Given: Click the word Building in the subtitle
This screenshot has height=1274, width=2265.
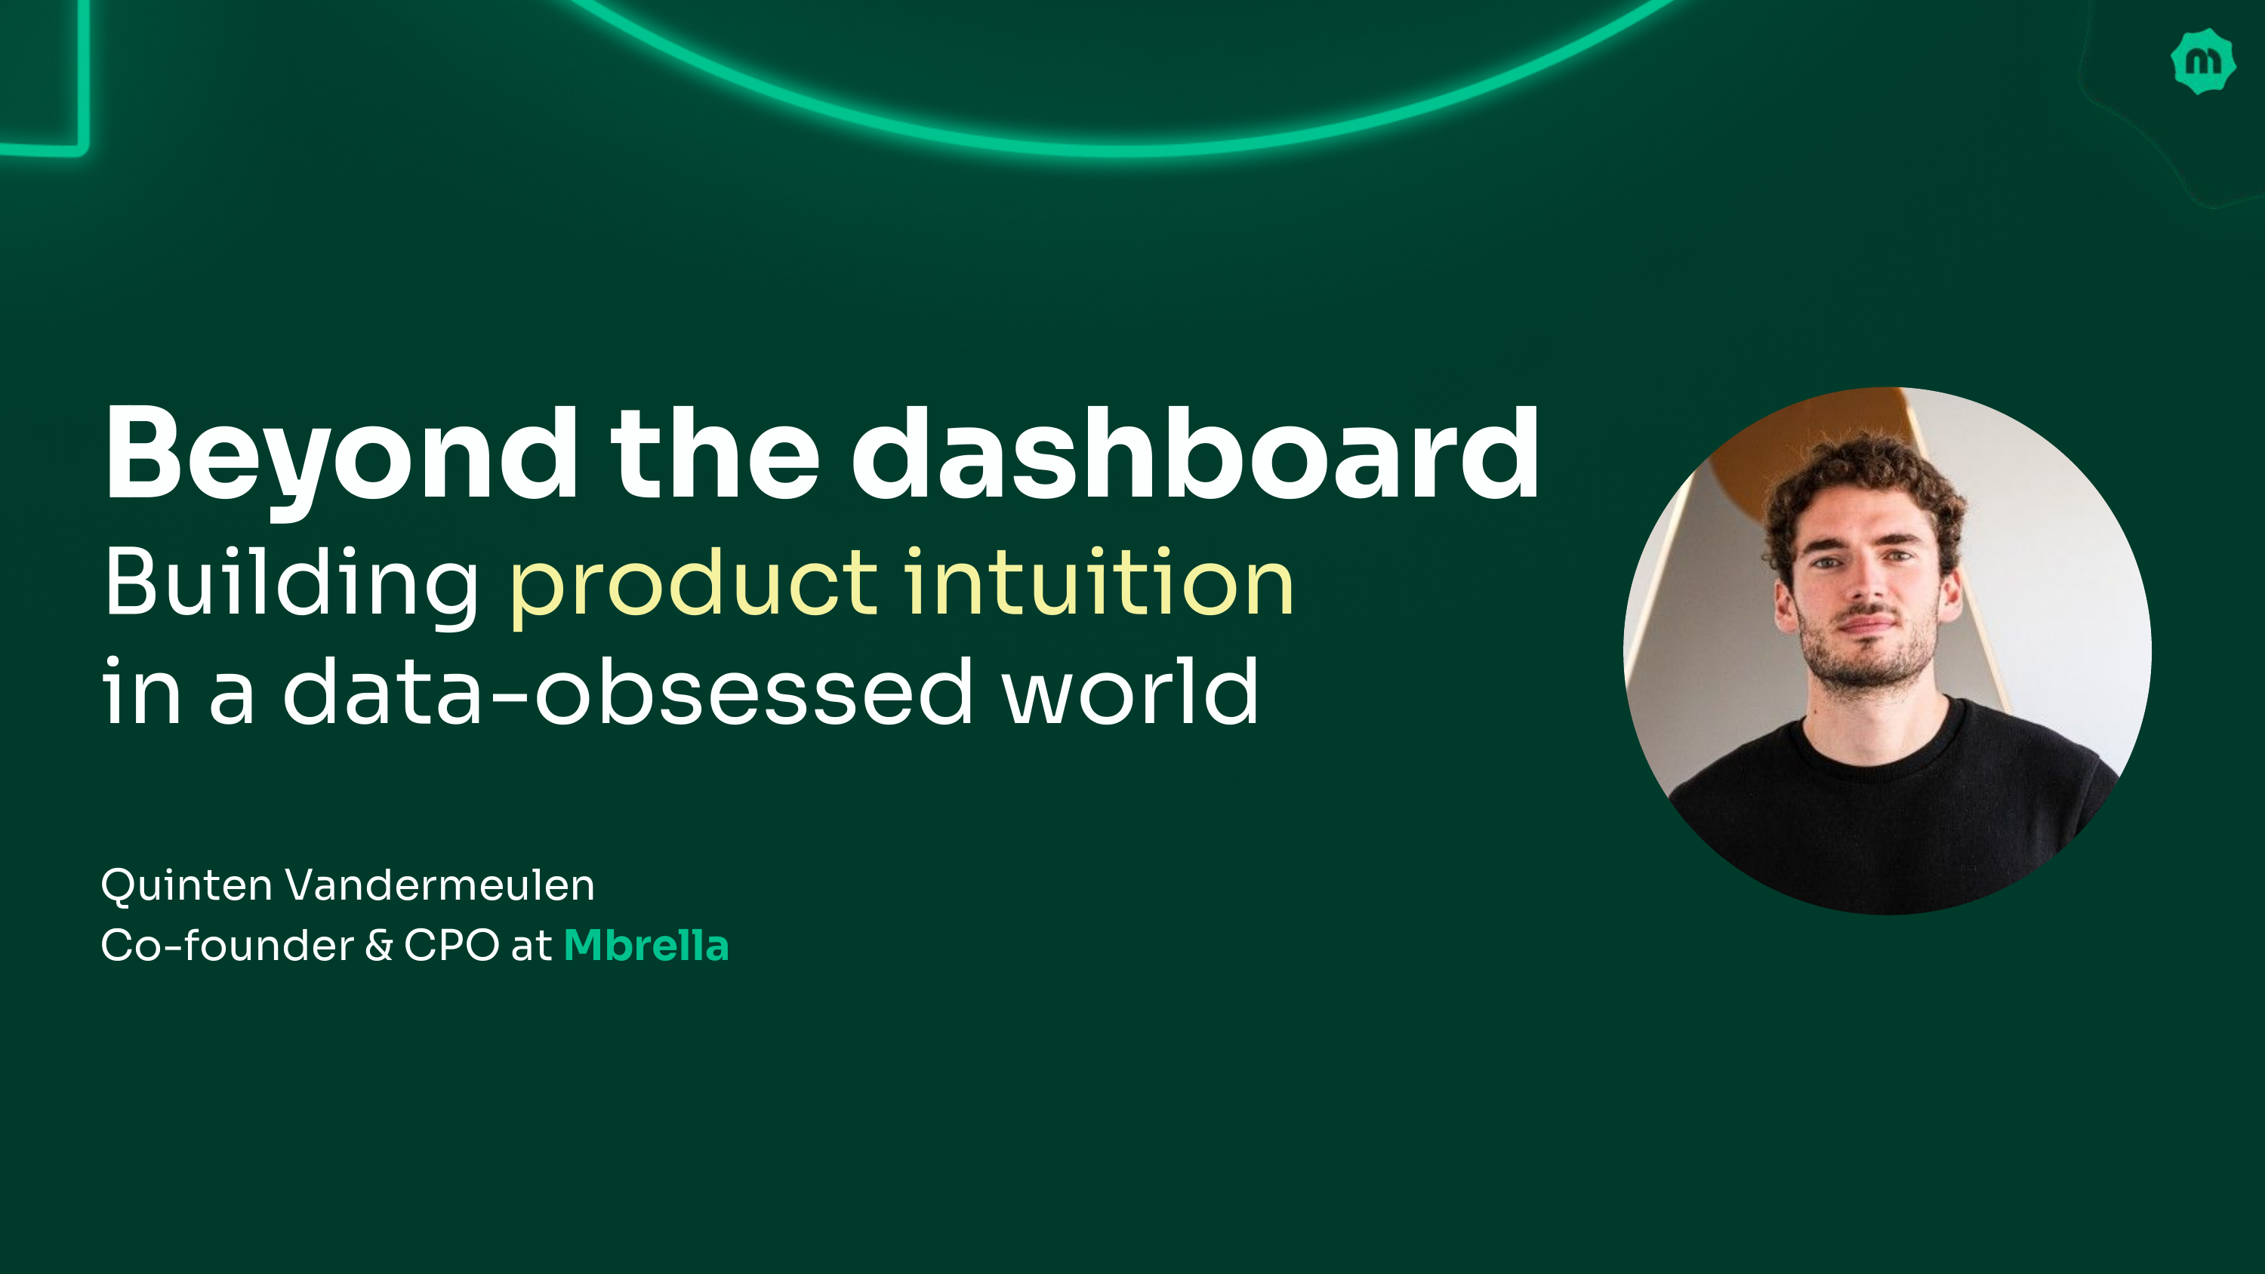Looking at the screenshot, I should (291, 584).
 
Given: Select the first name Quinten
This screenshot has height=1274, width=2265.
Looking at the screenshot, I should (186, 886).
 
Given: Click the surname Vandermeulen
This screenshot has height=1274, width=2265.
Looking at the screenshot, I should (439, 885).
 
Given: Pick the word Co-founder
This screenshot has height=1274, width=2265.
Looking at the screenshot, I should (226, 946).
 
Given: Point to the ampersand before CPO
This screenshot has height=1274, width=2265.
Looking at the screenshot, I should (379, 946).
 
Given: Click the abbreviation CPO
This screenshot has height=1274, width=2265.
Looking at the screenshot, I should (451, 946).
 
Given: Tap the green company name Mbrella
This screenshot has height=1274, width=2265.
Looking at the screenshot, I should (646, 946).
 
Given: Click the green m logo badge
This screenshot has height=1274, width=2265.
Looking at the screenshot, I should (2202, 62).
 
